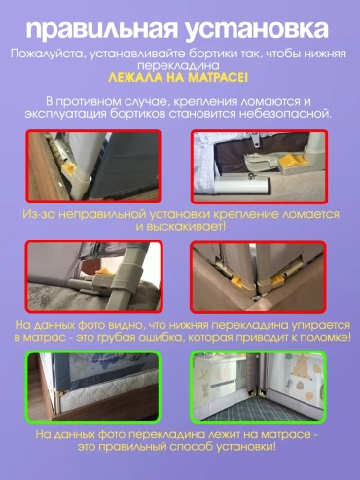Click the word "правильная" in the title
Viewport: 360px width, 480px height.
coord(101,30)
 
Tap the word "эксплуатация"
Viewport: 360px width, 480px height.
coord(65,115)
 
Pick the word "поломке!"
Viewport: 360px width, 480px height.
coord(325,338)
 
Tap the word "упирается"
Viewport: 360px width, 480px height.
coord(320,325)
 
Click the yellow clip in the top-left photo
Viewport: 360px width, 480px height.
coord(70,169)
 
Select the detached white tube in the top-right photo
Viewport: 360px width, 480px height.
coord(241,186)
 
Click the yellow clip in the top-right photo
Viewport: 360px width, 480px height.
coord(291,160)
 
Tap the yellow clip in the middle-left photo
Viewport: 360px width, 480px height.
coord(104,272)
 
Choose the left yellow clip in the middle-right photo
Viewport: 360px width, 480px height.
coord(237,281)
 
